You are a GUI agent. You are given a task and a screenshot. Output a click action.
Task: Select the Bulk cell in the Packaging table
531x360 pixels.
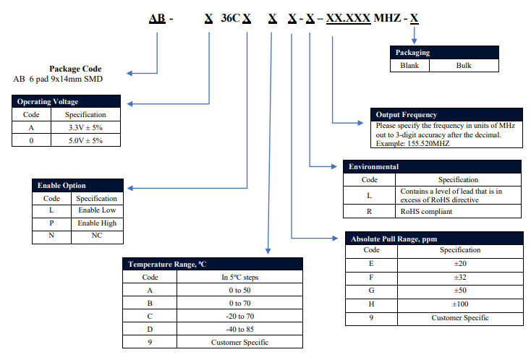464,65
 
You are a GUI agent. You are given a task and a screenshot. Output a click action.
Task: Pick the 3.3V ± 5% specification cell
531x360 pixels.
85,127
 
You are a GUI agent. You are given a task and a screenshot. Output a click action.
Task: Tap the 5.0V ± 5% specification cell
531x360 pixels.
85,140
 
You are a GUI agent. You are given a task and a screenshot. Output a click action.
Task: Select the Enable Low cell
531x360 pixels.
97,210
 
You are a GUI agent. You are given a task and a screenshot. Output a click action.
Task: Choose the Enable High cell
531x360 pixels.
97,223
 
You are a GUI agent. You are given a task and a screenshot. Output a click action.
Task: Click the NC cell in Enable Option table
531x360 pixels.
97,236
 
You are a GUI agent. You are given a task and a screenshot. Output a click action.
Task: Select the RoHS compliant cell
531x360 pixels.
426,212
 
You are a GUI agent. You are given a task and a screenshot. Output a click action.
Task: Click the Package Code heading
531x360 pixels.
80,69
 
